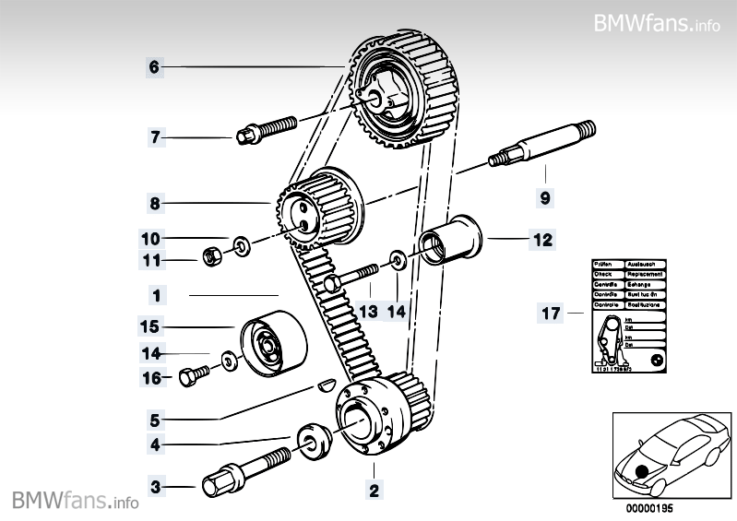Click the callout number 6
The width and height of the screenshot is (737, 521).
tap(154, 66)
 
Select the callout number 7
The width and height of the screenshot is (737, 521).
tap(155, 138)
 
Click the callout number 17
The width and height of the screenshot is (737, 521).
tap(550, 314)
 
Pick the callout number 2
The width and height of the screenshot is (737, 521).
tap(374, 490)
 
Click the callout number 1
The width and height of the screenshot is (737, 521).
tap(157, 296)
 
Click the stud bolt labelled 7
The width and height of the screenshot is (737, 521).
tap(264, 130)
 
